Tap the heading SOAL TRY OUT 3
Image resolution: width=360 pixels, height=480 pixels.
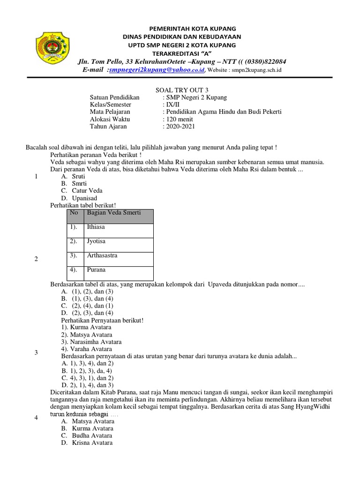(180, 90)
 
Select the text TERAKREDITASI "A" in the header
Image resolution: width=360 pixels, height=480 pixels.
(180, 53)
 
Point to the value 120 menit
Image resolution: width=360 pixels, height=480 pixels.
(178, 119)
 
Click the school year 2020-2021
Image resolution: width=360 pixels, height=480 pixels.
(179, 127)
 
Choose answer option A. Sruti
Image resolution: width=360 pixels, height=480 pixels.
(74, 176)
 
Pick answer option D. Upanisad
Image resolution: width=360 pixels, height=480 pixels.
(79, 198)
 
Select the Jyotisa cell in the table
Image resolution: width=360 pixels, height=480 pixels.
(96, 241)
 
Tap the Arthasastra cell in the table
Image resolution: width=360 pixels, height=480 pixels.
(102, 256)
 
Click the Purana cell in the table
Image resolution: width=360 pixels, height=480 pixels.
(96, 270)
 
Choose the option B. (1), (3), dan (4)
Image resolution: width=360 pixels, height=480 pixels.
(87, 299)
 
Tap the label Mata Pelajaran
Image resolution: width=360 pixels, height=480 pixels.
(110, 112)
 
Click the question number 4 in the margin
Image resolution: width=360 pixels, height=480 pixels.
(36, 418)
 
